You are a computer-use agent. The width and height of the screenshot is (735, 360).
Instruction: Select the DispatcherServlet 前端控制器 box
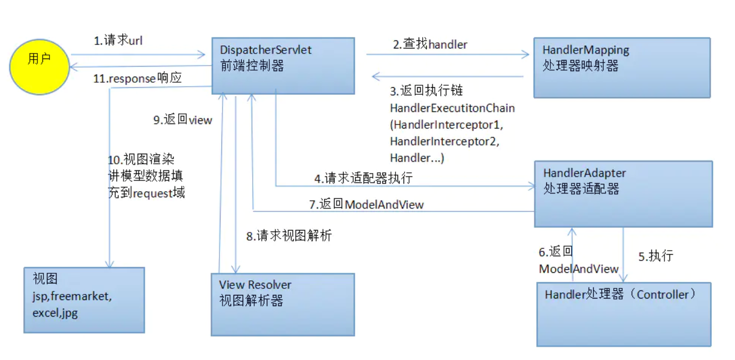[x=282, y=66]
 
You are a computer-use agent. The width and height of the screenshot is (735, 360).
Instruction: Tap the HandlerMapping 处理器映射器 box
[x=622, y=67]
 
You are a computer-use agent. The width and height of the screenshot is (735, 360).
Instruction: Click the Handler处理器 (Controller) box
[x=624, y=314]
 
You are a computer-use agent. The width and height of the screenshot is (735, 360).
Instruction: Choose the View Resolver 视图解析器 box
[x=282, y=304]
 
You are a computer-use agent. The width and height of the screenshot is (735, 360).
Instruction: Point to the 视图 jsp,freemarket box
[x=84, y=299]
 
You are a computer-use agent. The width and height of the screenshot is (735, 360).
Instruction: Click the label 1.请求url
[x=118, y=41]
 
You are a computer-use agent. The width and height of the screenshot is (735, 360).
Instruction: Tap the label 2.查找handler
[x=430, y=44]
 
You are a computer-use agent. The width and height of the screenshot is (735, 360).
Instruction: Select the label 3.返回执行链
[x=426, y=91]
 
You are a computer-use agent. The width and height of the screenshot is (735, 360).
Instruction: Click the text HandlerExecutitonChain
[x=452, y=108]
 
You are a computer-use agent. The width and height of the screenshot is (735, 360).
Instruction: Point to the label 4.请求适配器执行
[x=363, y=178]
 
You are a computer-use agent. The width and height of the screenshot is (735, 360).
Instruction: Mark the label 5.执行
[x=656, y=256]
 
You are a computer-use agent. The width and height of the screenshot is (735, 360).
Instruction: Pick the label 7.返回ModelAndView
[x=366, y=204]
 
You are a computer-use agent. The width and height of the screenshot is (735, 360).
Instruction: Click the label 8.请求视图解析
[x=289, y=235]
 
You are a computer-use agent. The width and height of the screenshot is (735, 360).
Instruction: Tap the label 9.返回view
[x=183, y=120]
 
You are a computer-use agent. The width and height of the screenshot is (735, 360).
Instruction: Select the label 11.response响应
[x=137, y=79]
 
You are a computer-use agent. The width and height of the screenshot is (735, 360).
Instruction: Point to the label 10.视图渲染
[x=141, y=159]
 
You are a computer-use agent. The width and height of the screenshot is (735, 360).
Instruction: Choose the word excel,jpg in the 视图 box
[x=55, y=313]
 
